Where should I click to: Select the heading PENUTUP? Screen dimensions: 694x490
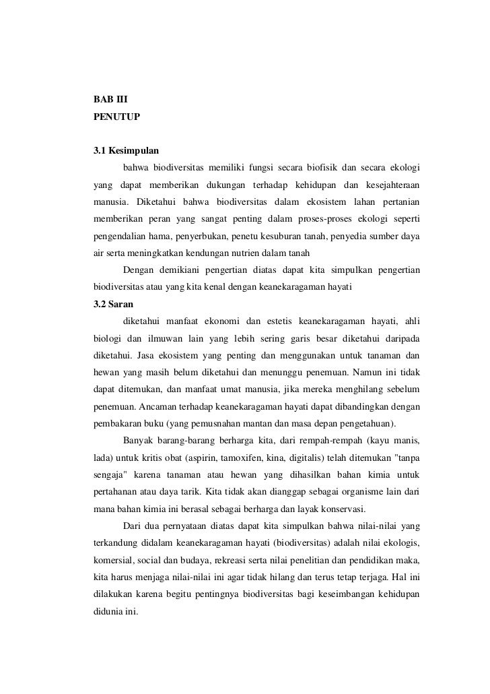coord(116,117)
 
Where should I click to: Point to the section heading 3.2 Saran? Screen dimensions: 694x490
coord(113,304)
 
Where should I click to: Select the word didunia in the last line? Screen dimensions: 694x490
coord(108,614)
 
